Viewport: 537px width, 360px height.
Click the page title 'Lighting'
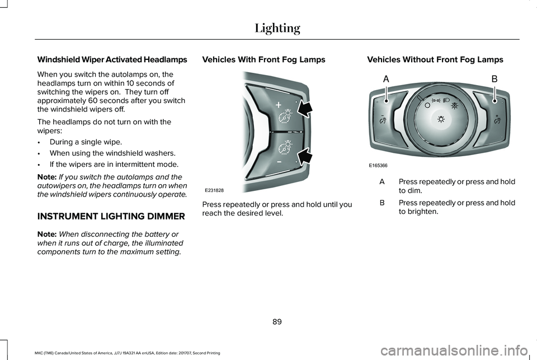coord(277,29)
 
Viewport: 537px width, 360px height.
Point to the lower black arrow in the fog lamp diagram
coord(305,157)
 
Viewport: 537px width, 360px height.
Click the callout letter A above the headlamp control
coord(386,80)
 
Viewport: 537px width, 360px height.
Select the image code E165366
coord(379,166)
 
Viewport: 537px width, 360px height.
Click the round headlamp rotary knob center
coord(441,119)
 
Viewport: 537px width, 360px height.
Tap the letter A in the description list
coord(381,182)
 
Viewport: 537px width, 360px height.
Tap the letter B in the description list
coord(381,202)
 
